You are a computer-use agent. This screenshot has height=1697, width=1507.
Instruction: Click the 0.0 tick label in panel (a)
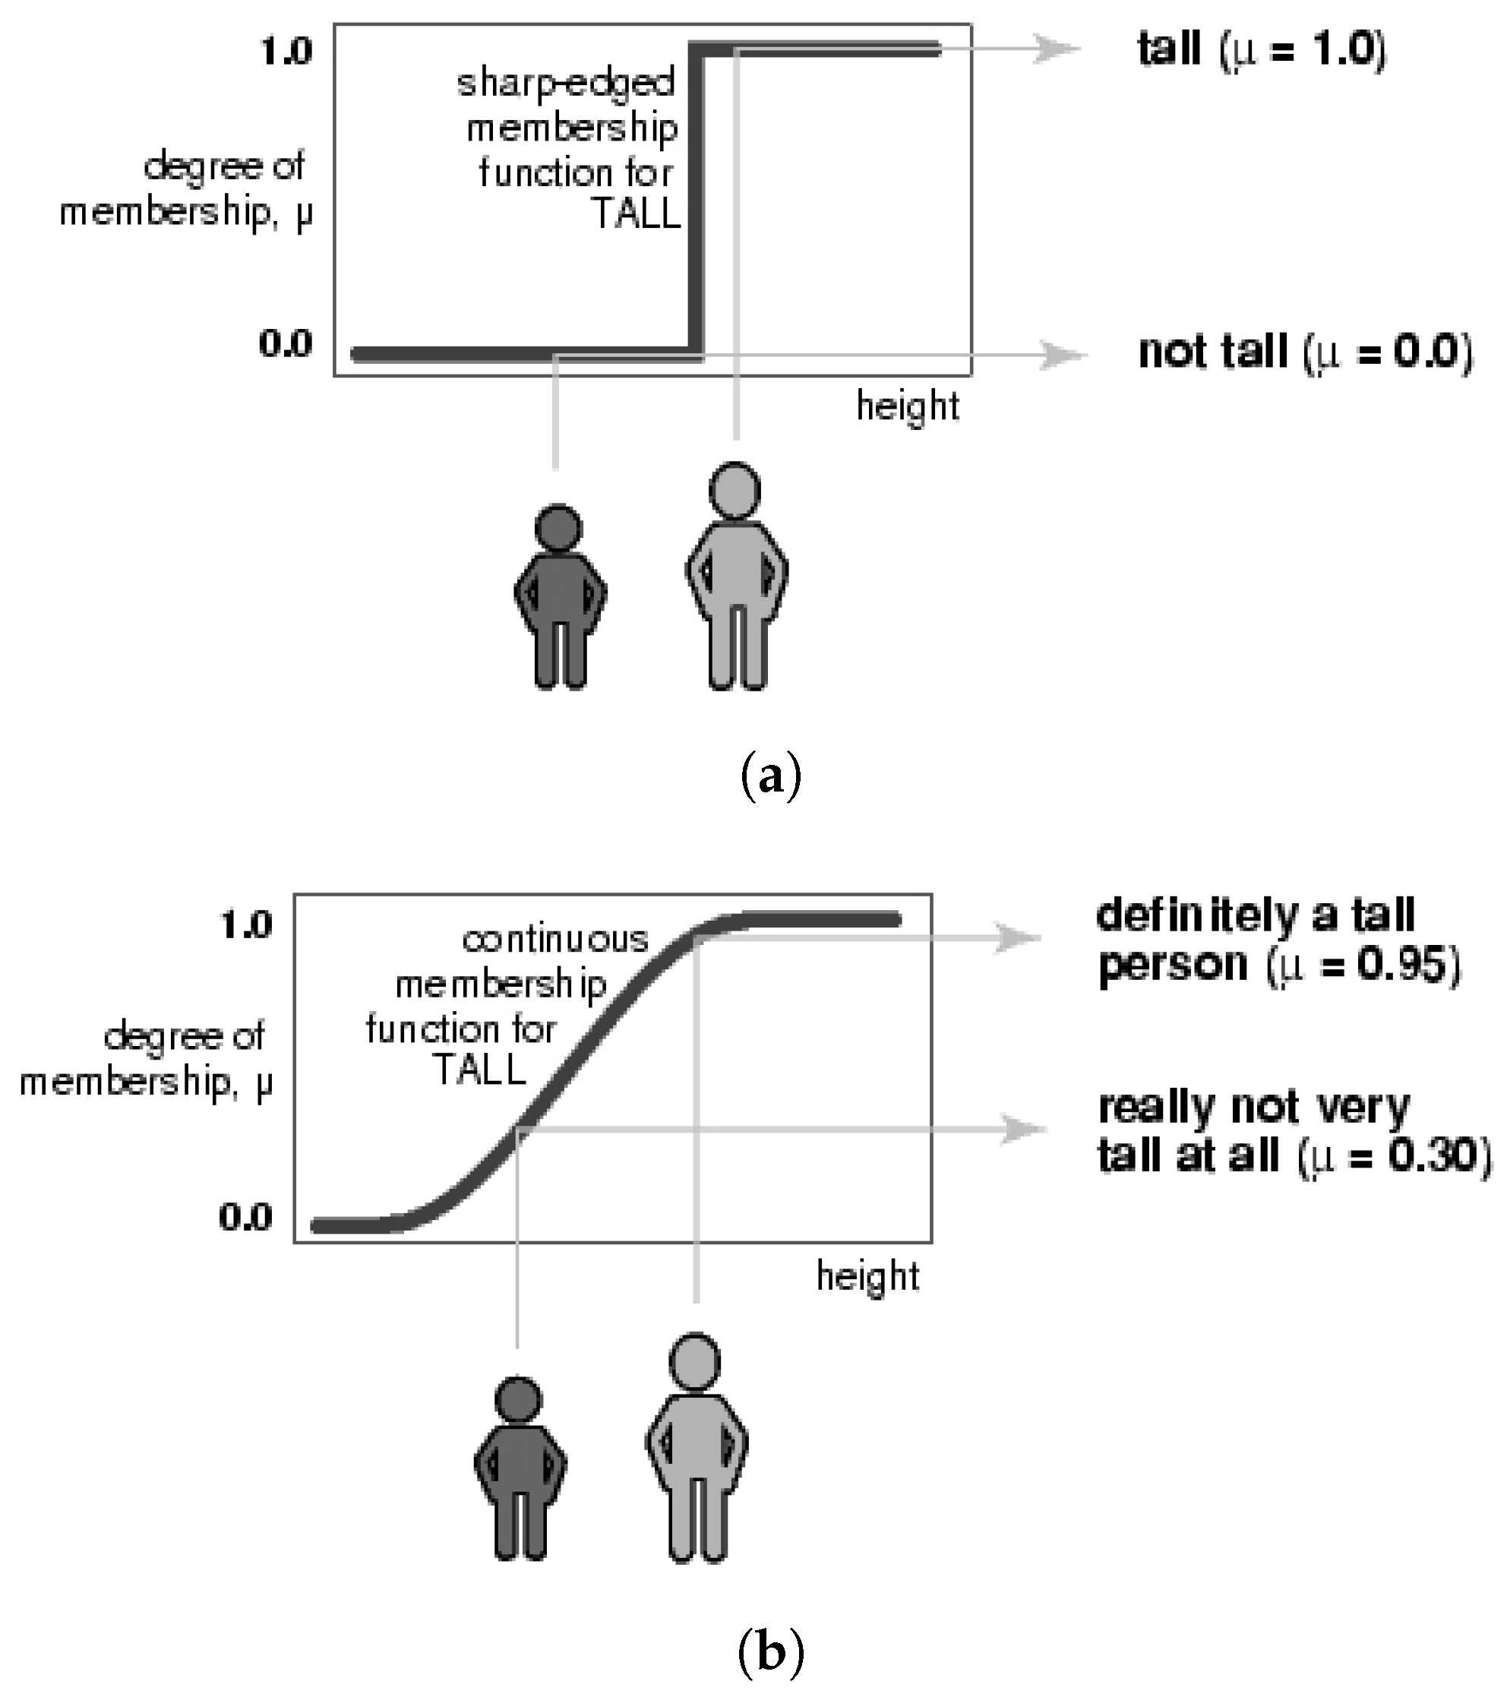coord(286,343)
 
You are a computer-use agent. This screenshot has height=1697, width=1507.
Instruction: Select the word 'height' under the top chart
coord(908,406)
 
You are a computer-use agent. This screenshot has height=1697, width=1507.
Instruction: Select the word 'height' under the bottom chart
coord(867,1275)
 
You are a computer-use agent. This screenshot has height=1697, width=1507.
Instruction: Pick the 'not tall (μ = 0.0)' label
coord(1305,352)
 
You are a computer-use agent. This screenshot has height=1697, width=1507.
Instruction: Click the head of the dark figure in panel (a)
coord(558,527)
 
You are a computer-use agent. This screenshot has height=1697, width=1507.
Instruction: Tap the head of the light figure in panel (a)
coord(735,489)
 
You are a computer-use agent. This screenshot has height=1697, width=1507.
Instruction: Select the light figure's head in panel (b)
coord(695,1360)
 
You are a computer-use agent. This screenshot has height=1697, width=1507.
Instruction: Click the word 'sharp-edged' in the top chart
coord(567,84)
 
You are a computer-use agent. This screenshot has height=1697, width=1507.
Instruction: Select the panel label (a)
coord(769,776)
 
